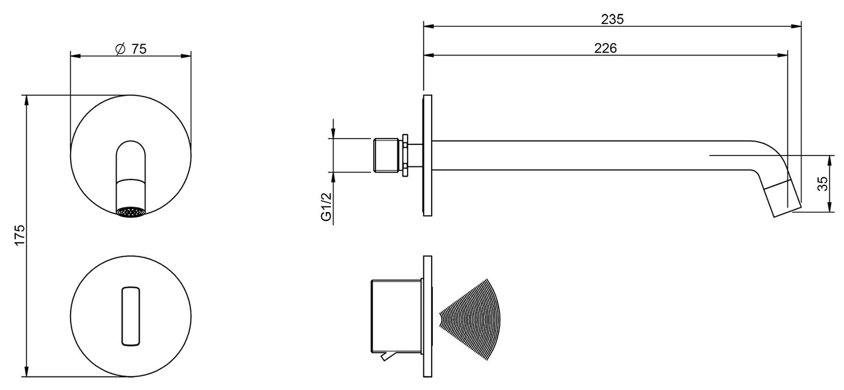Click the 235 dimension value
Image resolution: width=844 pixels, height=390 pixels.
pyautogui.click(x=612, y=19)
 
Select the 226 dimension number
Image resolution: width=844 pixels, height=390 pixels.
pyautogui.click(x=606, y=49)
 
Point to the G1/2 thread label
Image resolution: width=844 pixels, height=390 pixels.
pyautogui.click(x=326, y=206)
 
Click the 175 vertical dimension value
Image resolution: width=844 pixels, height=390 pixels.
pyautogui.click(x=20, y=235)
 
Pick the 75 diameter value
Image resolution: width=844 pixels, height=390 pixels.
pyautogui.click(x=138, y=49)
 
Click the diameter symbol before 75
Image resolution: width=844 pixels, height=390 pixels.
pyautogui.click(x=120, y=49)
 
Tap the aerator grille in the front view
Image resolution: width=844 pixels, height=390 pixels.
pyautogui.click(x=130, y=212)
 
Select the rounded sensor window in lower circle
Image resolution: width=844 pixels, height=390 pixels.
pyautogui.click(x=131, y=316)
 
